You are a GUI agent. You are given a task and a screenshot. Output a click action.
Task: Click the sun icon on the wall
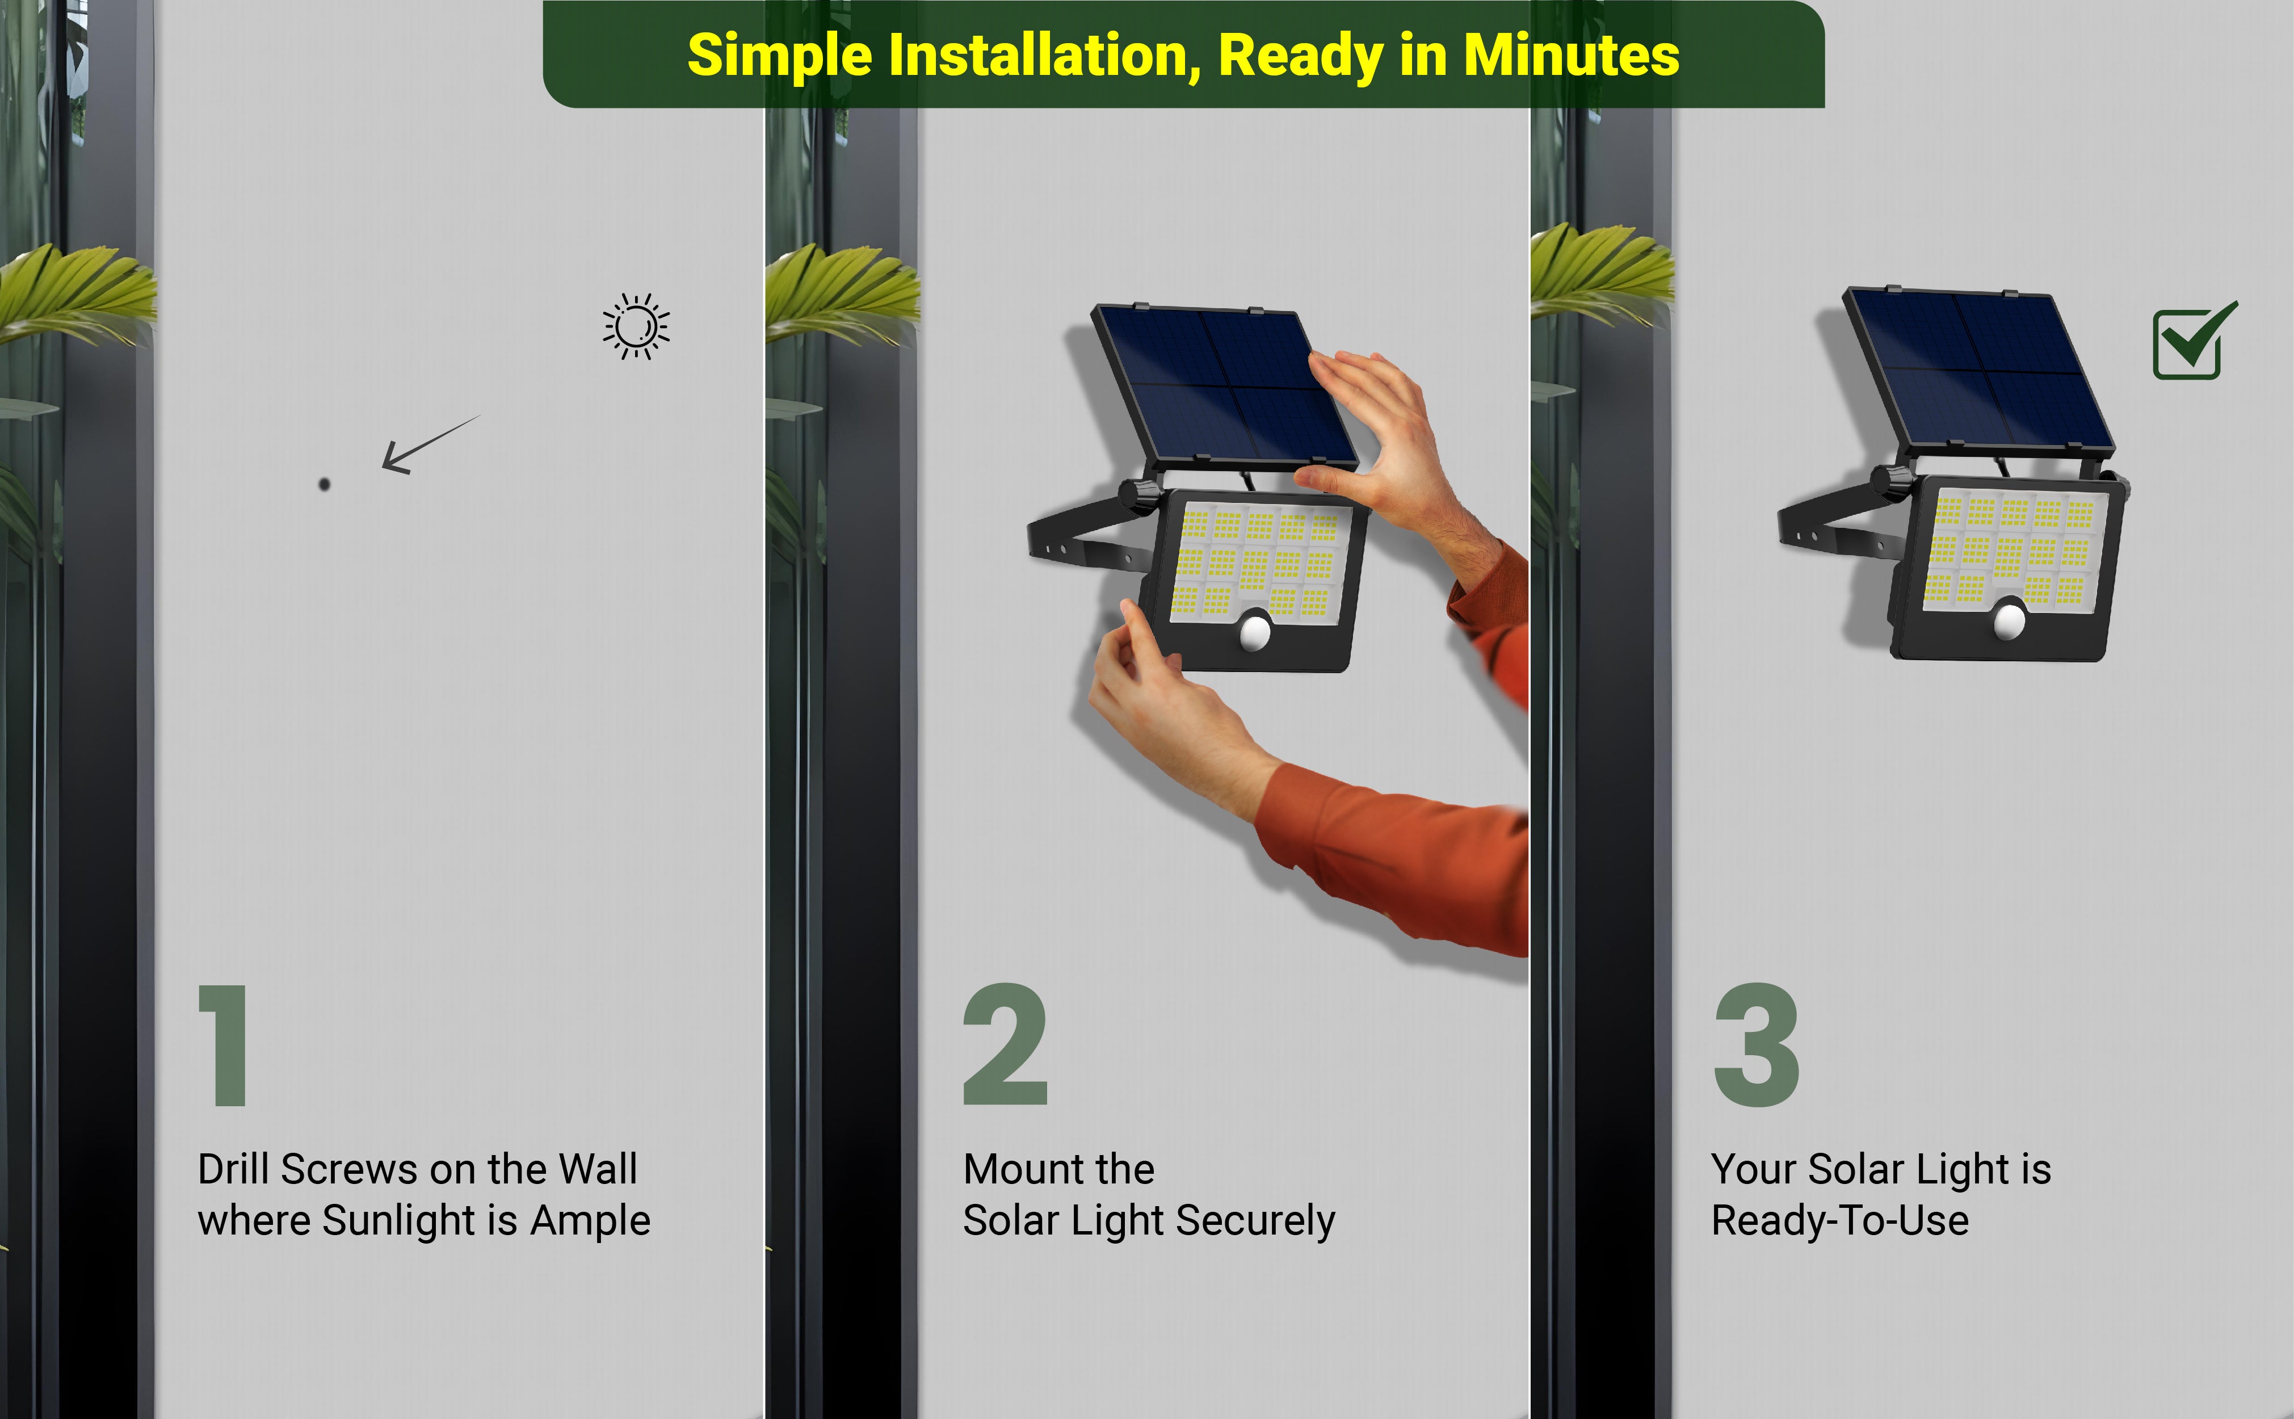(636, 326)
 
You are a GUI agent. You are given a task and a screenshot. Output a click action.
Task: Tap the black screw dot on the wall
(325, 484)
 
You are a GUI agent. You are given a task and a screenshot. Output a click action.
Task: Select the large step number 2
(1005, 1044)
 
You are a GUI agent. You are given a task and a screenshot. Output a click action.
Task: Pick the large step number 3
(1757, 1044)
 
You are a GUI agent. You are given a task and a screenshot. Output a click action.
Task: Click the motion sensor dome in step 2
(1255, 632)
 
